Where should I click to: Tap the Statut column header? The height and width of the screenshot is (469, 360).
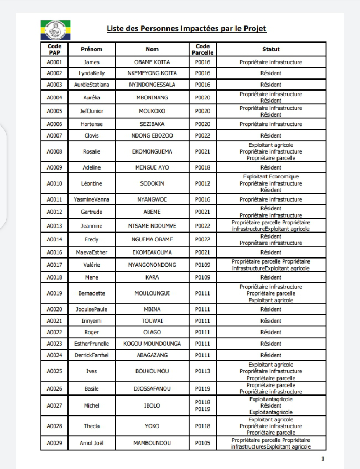271,49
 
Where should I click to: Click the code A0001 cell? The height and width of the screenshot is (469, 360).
54,62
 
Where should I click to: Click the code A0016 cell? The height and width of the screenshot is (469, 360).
54,252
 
